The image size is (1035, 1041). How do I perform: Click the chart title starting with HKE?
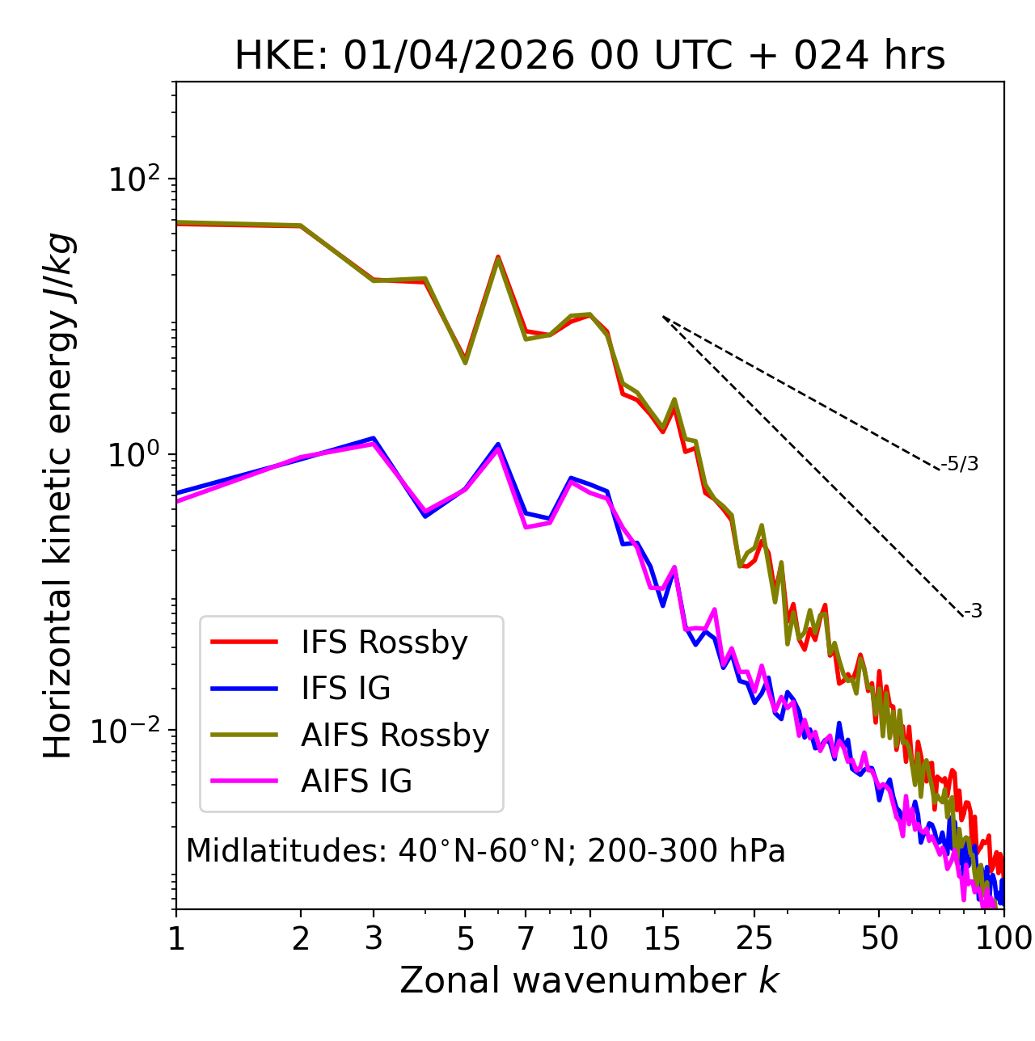589,57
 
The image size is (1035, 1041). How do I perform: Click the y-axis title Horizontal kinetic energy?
58,495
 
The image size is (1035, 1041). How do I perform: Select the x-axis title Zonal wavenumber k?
589,980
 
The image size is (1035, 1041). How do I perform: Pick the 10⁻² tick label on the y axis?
129,731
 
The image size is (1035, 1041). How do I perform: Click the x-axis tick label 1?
176,938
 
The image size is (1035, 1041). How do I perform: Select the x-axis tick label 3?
374,938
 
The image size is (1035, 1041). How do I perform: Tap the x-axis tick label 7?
526,938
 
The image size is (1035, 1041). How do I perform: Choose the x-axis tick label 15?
662,938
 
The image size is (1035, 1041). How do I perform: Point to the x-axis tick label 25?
754,938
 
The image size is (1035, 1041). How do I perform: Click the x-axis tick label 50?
879,938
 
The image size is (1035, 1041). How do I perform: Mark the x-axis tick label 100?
1003,938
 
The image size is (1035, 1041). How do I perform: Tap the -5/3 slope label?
960,464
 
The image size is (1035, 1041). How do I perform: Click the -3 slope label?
974,612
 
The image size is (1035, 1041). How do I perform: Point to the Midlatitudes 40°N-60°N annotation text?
485,851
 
